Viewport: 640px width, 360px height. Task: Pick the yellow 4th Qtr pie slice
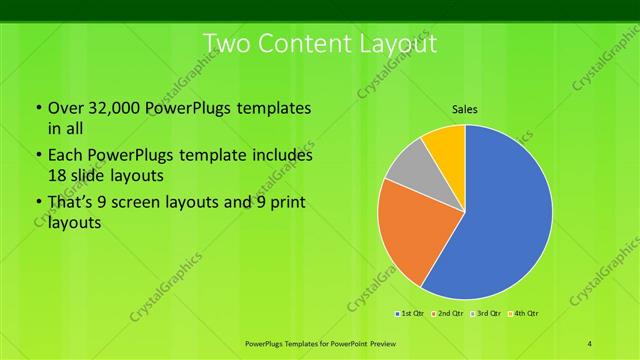click(445, 145)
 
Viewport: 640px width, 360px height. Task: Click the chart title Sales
click(464, 108)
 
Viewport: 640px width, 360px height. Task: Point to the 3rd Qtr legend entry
click(486, 314)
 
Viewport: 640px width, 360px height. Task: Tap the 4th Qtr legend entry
click(524, 314)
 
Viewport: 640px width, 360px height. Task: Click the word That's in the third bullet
click(73, 203)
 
